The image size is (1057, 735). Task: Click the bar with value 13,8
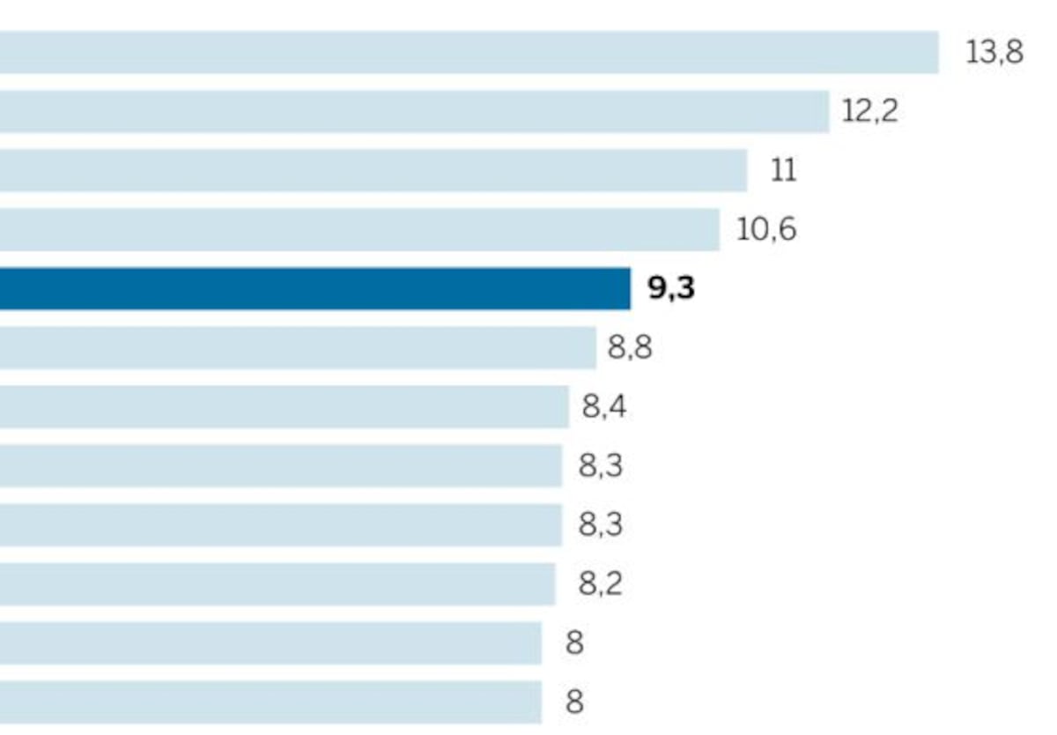pos(469,52)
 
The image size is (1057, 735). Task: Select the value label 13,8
pos(994,52)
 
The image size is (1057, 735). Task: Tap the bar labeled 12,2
pos(414,111)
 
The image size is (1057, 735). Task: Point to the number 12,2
pos(869,111)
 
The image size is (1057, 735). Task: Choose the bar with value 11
pos(373,170)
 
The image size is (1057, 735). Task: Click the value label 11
pos(783,170)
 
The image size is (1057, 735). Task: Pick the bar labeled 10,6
pos(359,229)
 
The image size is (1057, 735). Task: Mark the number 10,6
pos(766,229)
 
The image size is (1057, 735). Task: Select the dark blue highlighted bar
pos(315,288)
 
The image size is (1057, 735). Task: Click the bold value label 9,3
pos(671,288)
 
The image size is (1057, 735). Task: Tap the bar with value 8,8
pos(298,347)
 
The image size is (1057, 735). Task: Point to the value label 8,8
pos(630,347)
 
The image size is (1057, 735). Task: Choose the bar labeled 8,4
pos(284,406)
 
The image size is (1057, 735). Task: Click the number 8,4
pos(604,406)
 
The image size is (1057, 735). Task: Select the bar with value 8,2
pos(277,584)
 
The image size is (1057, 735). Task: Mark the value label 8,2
pos(600,584)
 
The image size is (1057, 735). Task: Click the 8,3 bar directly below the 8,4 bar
pos(281,466)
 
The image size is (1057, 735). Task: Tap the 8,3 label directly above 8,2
pos(600,524)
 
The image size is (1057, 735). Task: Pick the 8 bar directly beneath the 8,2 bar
pos(271,643)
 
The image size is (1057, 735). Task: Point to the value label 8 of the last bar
pos(574,702)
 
